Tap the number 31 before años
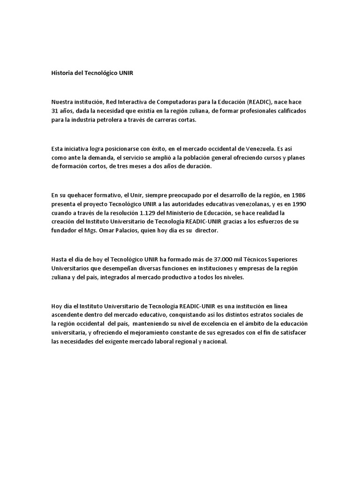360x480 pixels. [55, 111]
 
